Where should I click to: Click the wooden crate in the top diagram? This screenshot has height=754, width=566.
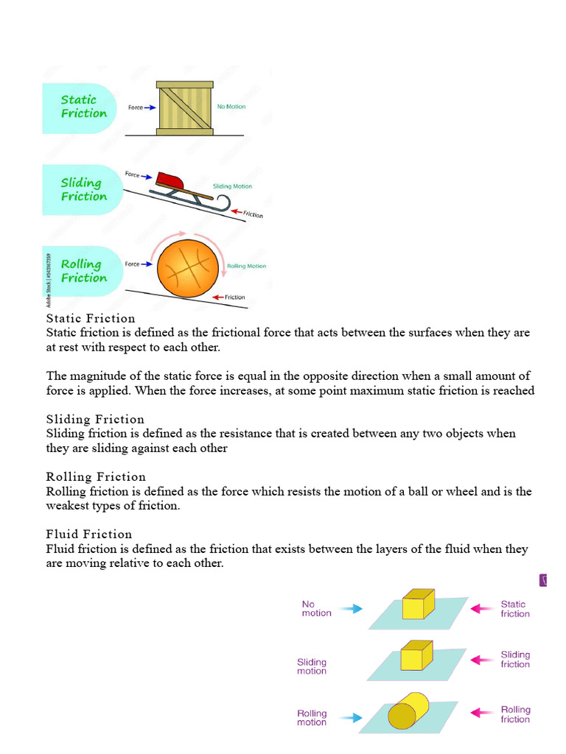[x=184, y=108]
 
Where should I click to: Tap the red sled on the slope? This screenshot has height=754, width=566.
[x=172, y=180]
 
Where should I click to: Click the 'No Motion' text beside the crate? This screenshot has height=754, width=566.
[x=231, y=107]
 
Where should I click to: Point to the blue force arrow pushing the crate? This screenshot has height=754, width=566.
[x=150, y=108]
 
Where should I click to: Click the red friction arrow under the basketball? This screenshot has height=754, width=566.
[x=217, y=297]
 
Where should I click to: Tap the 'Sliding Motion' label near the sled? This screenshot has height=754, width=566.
[x=232, y=187]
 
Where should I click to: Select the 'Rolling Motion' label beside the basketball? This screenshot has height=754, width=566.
[x=246, y=266]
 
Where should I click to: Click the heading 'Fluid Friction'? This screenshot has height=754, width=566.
[x=89, y=534]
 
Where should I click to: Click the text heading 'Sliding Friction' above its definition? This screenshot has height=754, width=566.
[x=95, y=420]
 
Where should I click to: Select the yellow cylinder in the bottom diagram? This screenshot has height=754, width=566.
[x=408, y=711]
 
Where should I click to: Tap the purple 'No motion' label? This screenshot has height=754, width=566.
[x=316, y=608]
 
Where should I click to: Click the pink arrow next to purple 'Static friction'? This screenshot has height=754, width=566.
[x=482, y=608]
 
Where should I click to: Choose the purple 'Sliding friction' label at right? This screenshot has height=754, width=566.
[x=515, y=659]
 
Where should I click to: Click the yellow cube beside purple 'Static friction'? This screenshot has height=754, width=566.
[x=417, y=605]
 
